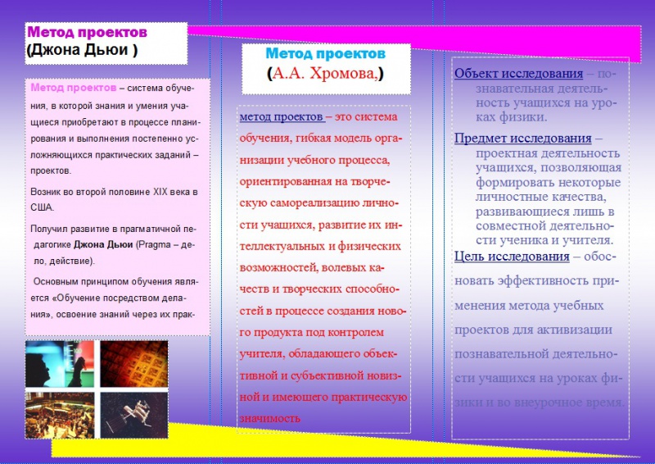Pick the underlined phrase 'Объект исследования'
[x=513, y=74]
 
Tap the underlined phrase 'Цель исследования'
[x=512, y=257]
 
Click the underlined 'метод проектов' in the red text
[x=281, y=117]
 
